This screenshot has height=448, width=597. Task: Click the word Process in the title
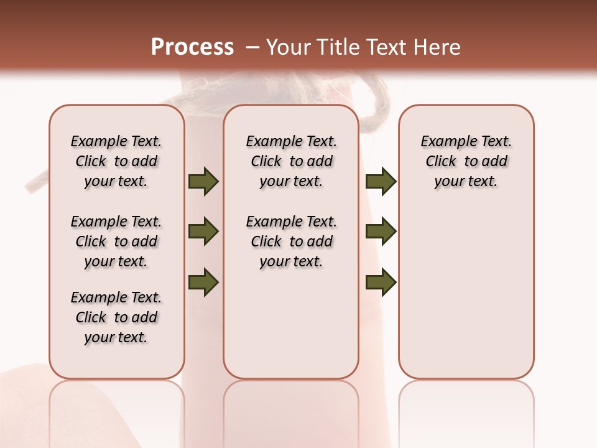tap(192, 47)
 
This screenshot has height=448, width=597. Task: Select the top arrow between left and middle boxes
tap(203, 182)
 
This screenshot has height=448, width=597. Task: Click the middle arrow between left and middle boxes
tap(203, 232)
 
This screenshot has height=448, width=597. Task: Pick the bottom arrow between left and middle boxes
tap(203, 282)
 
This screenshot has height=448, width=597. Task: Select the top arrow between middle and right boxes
tap(381, 182)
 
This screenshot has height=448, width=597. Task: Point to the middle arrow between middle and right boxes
tap(381, 232)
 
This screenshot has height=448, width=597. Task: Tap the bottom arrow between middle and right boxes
tap(381, 282)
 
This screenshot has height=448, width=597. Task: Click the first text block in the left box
tap(116, 161)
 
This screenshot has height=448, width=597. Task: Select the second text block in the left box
tap(116, 241)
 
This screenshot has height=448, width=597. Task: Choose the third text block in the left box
tap(116, 317)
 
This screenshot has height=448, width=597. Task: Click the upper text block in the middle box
tap(292, 161)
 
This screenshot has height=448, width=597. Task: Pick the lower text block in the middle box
tap(292, 241)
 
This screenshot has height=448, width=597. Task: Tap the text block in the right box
tap(466, 161)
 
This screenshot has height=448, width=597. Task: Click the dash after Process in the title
tap(253, 48)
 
